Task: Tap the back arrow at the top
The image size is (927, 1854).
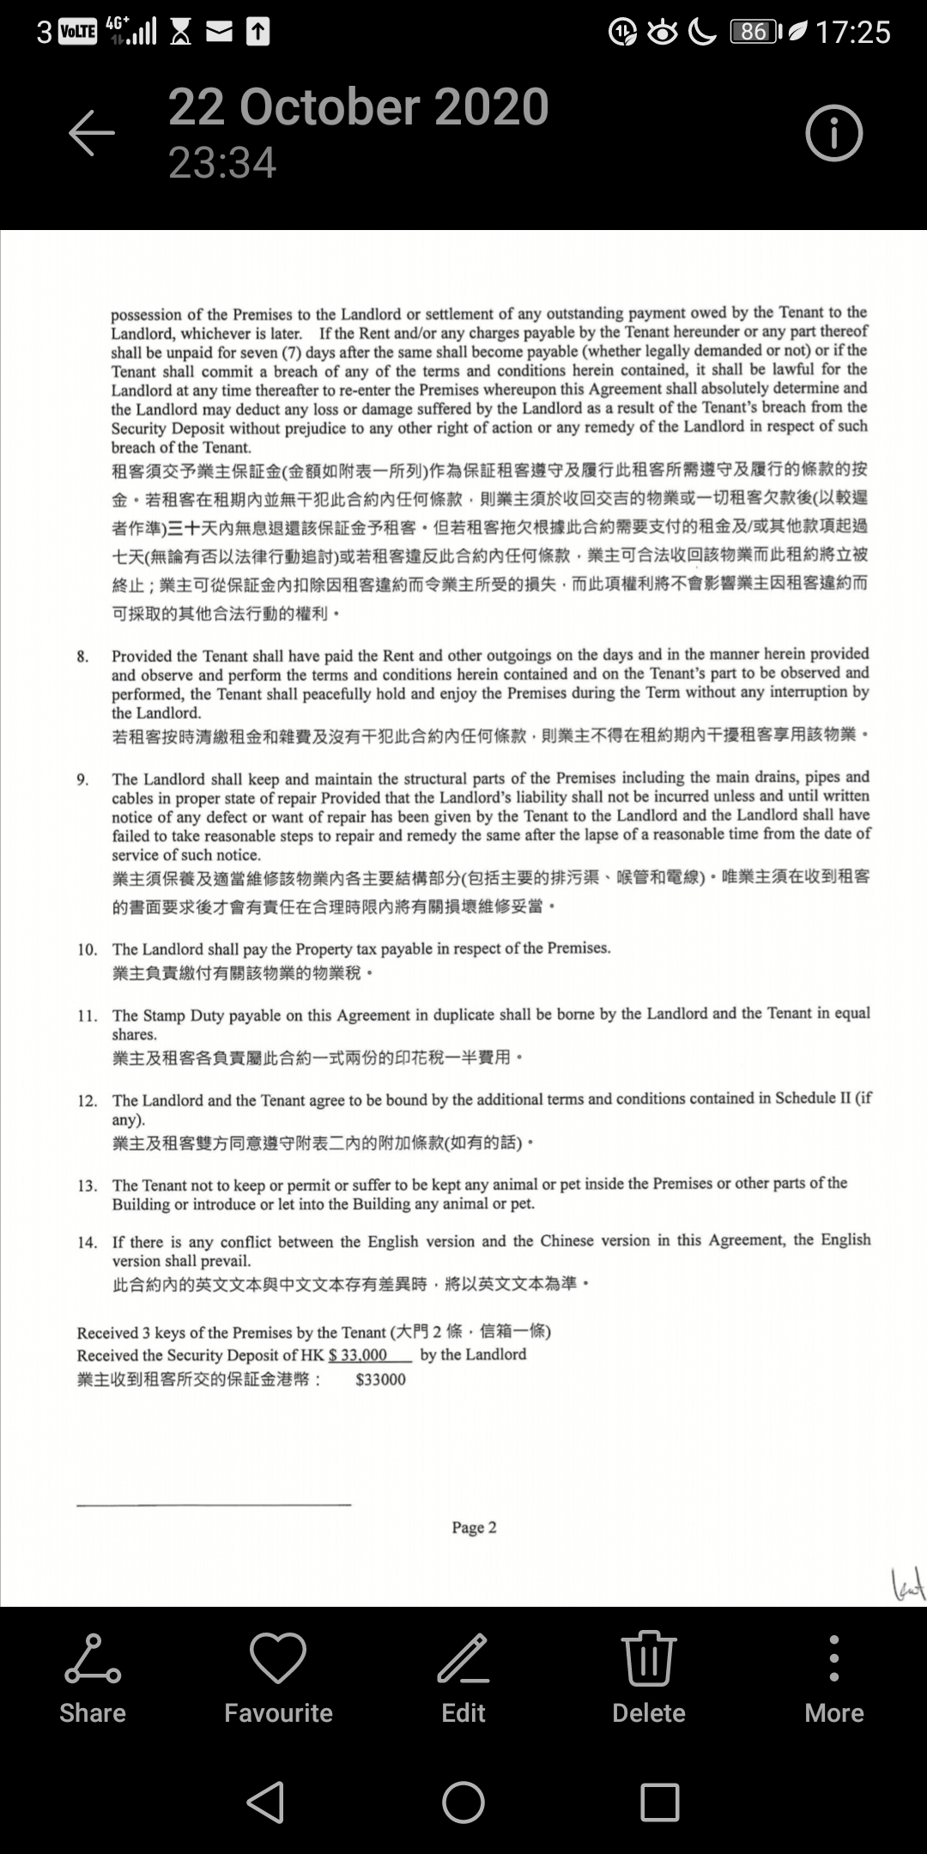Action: click(92, 132)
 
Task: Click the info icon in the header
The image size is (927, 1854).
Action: click(833, 133)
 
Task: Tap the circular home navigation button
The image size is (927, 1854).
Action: click(463, 1802)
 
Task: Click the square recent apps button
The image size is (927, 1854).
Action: click(660, 1802)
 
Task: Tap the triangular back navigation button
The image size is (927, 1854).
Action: click(266, 1802)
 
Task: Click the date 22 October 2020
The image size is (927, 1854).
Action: click(358, 107)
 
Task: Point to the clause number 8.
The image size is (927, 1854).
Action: click(82, 657)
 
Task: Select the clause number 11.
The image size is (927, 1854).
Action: click(87, 1016)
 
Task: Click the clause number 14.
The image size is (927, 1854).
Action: click(87, 1243)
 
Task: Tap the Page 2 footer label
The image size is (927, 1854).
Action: click(474, 1528)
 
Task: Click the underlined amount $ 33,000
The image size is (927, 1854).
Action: click(358, 1355)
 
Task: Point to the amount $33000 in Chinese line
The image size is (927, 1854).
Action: click(380, 1380)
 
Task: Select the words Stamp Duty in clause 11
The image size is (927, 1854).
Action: click(184, 1015)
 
